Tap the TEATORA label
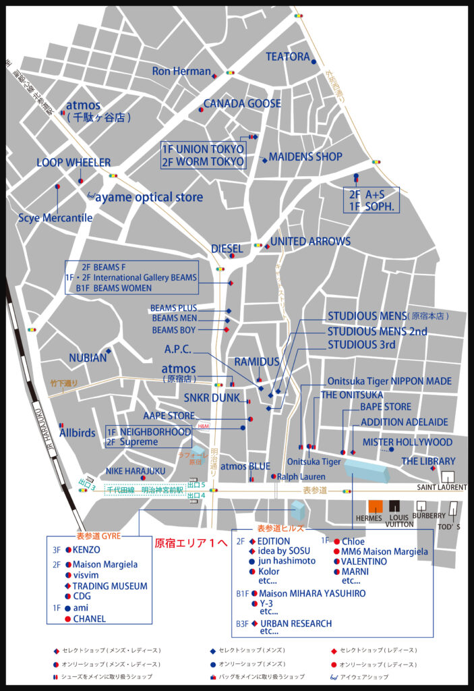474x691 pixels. (x=288, y=57)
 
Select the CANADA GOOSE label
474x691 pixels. (x=242, y=103)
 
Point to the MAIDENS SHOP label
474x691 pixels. (x=305, y=157)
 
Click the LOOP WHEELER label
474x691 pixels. (x=73, y=163)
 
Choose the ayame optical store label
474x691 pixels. (x=148, y=197)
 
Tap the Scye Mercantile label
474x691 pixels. (x=55, y=217)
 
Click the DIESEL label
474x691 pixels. (x=227, y=248)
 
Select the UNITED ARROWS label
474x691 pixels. (x=310, y=241)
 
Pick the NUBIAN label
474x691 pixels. (x=88, y=358)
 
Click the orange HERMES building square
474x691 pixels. (x=376, y=506)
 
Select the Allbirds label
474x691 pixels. (x=78, y=433)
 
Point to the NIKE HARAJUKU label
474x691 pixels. (x=136, y=470)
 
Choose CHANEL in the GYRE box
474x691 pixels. (x=90, y=618)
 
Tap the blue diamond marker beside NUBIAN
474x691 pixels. (x=109, y=351)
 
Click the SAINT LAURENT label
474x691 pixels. (x=442, y=487)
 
